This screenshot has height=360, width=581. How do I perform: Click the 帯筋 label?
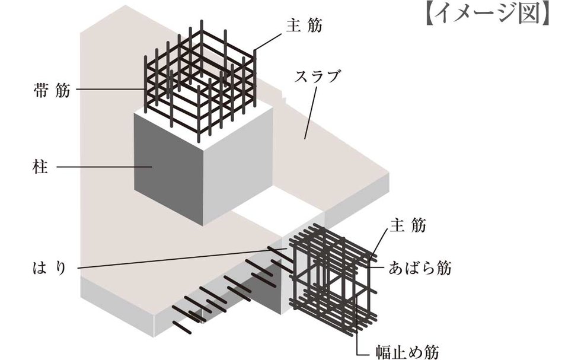(52, 90)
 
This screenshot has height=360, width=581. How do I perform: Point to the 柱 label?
(43, 167)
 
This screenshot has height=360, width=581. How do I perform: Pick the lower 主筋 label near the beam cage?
(408, 226)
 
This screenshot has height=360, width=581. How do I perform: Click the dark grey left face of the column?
(168, 169)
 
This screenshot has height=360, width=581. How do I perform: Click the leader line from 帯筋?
(110, 90)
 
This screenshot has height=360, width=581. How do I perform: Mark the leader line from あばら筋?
(375, 268)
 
